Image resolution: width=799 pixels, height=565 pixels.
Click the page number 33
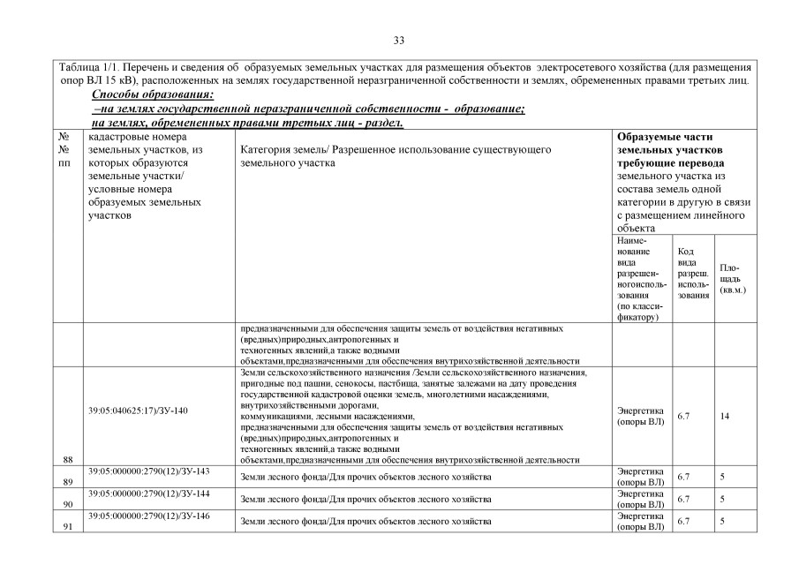point(399,41)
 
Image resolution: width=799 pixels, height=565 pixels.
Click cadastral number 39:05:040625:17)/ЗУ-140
point(138,411)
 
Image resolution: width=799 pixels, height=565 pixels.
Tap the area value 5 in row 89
point(722,477)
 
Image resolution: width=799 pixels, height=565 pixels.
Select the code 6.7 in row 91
point(683,522)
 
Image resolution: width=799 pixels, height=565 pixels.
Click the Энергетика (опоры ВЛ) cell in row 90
point(640,499)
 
